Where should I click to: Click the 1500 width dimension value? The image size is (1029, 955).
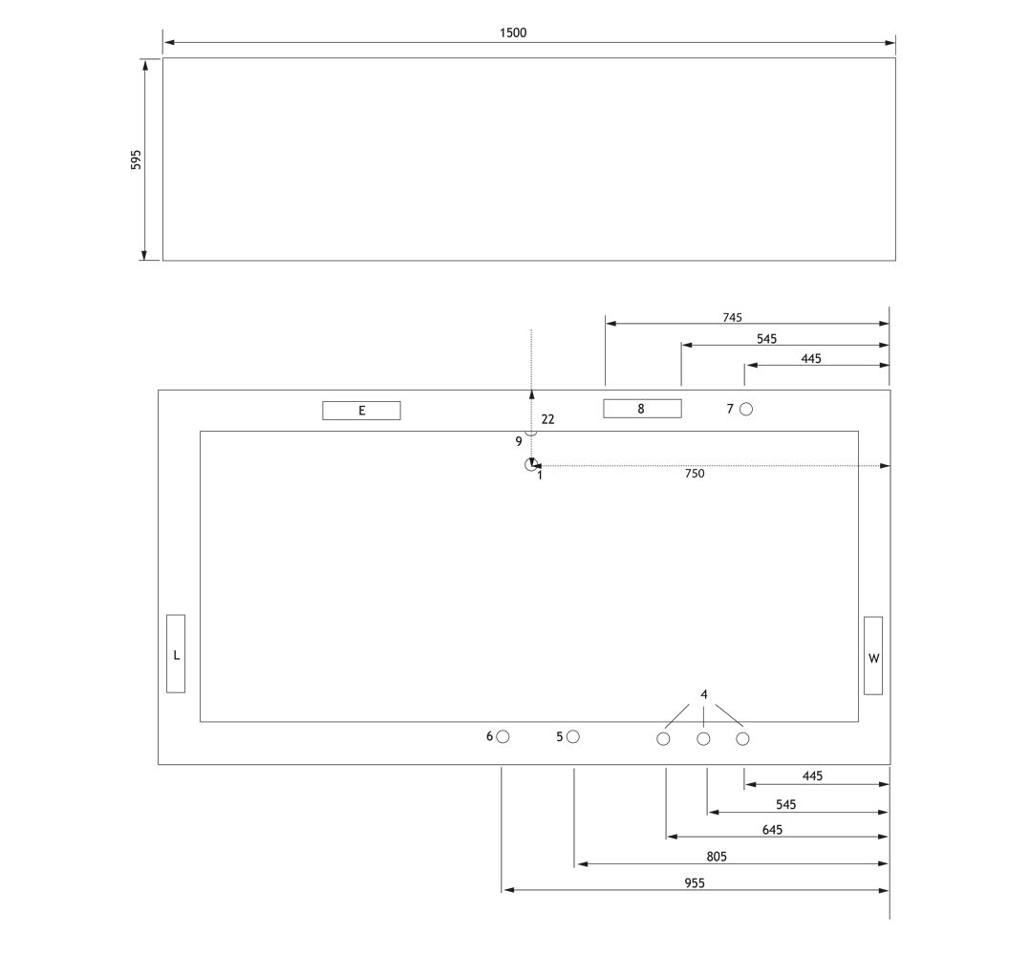pyautogui.click(x=512, y=32)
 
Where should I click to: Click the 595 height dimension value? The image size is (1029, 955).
pyautogui.click(x=136, y=159)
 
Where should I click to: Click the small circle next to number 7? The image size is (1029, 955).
pyautogui.click(x=746, y=410)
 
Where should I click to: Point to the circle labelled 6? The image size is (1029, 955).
pyautogui.click(x=503, y=736)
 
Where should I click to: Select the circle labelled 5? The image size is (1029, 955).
pyautogui.click(x=573, y=736)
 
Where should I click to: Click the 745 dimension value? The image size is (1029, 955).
pyautogui.click(x=733, y=317)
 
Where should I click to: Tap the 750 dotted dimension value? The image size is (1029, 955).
pyautogui.click(x=695, y=474)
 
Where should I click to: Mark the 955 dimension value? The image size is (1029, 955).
pyautogui.click(x=695, y=882)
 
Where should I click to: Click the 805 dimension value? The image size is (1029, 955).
pyautogui.click(x=717, y=857)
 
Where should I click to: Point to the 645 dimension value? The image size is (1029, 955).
pyautogui.click(x=772, y=830)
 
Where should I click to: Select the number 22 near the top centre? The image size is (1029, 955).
pyautogui.click(x=548, y=419)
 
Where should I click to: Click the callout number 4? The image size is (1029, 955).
pyautogui.click(x=704, y=694)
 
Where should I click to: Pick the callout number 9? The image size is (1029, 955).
pyautogui.click(x=519, y=441)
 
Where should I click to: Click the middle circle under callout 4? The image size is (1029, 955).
pyautogui.click(x=703, y=739)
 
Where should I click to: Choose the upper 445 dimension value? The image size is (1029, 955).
pyautogui.click(x=811, y=359)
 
